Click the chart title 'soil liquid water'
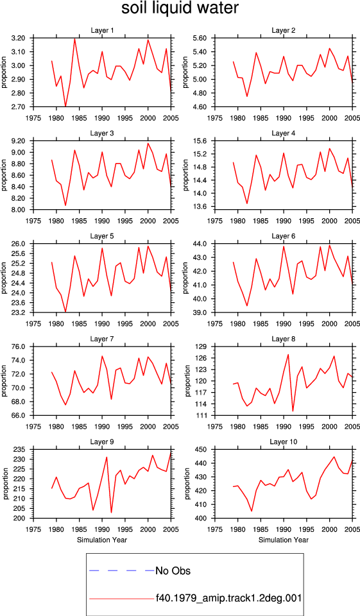(180, 8)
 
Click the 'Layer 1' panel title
(102, 31)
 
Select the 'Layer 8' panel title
(284, 339)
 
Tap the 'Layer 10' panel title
(284, 442)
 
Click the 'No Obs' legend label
(173, 570)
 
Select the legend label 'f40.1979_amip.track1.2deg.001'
(228, 598)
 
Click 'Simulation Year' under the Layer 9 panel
(102, 540)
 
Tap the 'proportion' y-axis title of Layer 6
(186, 278)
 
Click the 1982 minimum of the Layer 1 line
(65, 107)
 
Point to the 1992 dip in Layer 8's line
(293, 411)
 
